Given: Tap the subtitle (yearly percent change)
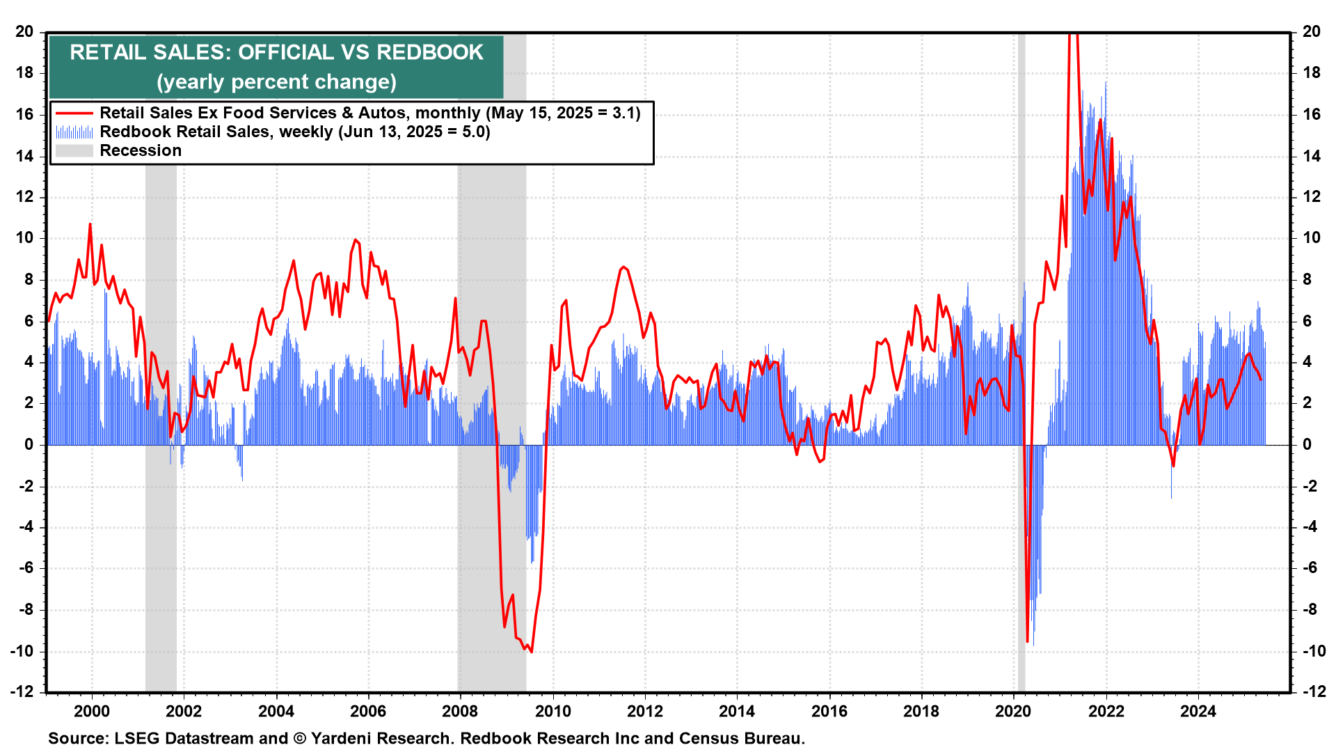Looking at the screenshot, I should coord(276,82).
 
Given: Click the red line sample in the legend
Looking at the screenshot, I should coord(74,113).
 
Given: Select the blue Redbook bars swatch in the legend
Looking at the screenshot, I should coord(74,132).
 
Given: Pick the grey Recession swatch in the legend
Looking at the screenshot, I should coord(74,150).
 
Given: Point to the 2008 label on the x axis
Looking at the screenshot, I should coord(460,711).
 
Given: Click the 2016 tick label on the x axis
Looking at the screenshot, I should coord(829,711).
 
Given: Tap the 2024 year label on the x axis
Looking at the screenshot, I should coord(1198,711).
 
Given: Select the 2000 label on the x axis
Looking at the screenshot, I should coord(91,711).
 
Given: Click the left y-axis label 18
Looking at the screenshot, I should coord(24,73).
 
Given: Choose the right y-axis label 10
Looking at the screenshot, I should coord(1311,238).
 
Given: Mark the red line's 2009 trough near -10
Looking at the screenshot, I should coord(532,652).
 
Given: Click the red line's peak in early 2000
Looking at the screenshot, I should coord(90,224).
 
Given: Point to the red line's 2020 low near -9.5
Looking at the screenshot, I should coord(1027,641).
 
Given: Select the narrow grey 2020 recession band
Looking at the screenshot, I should coord(1021,209).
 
